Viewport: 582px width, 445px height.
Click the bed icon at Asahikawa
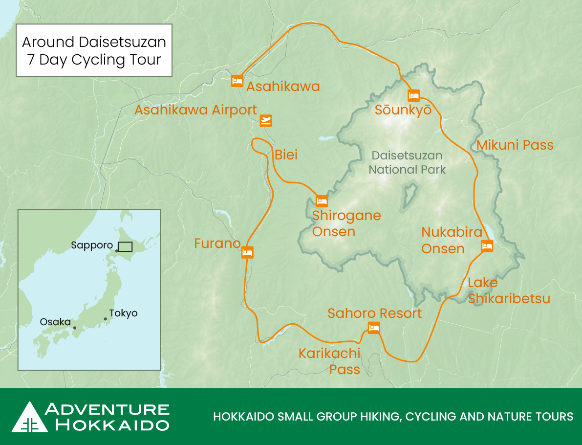point(237,81)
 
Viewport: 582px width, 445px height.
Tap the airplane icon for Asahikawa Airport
point(266,120)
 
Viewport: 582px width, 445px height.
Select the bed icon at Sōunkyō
point(414,95)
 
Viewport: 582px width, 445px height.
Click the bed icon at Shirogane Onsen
point(322,201)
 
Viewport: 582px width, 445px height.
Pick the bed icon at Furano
point(247,252)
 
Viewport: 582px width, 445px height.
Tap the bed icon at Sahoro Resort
point(374,328)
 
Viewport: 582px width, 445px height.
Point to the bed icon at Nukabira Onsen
point(487,246)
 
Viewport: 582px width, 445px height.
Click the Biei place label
point(286,155)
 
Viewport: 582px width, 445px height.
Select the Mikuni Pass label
point(515,145)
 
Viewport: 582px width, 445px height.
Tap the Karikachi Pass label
point(329,361)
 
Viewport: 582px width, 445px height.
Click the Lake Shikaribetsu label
point(509,290)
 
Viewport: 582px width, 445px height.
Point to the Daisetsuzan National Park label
point(407,163)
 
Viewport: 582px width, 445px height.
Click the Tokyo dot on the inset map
point(105,319)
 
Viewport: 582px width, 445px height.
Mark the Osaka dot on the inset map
point(75,328)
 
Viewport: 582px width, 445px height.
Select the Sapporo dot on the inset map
point(117,251)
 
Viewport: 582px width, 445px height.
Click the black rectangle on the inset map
point(125,246)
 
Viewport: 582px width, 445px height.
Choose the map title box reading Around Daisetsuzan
point(94,50)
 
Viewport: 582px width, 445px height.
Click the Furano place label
point(217,244)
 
